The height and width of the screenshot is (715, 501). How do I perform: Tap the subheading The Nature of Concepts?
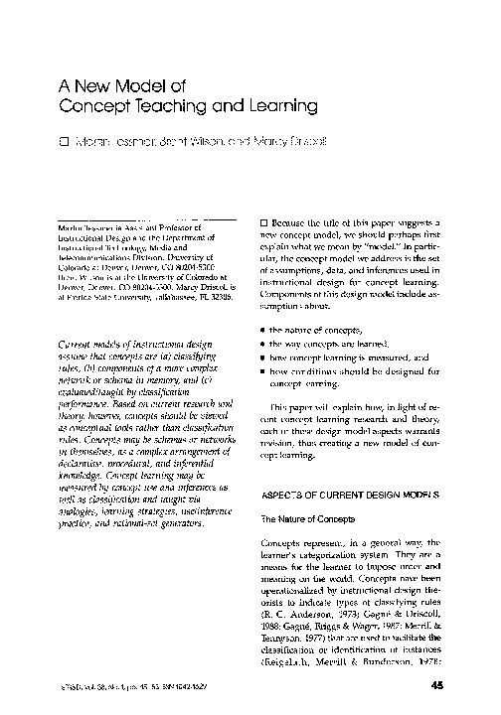tap(306, 519)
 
